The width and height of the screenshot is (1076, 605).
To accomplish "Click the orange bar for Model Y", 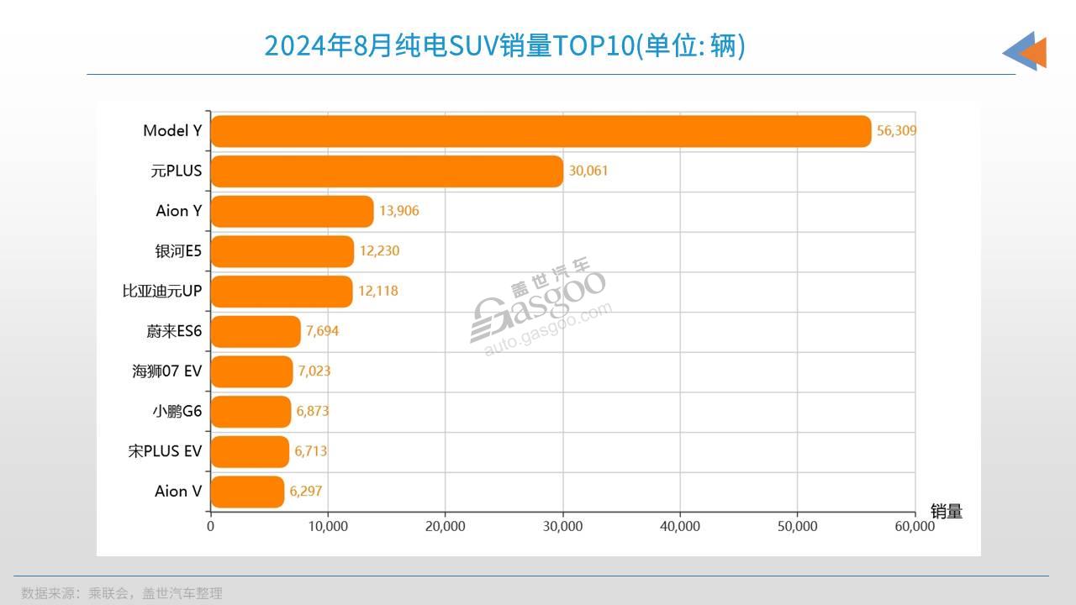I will point(541,131).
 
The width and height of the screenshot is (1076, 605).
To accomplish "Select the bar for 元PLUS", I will point(387,171).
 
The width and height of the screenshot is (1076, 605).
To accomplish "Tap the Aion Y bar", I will point(292,212).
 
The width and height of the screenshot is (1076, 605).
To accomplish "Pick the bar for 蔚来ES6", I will point(256,332).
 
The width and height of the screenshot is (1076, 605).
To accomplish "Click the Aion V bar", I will point(247,492).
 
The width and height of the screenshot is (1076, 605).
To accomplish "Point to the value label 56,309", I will point(896,131).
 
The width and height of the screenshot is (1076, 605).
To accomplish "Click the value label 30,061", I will point(588,171).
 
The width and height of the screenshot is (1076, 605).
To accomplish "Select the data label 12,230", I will point(378,251).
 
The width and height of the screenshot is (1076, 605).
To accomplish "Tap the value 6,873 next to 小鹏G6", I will point(313,412).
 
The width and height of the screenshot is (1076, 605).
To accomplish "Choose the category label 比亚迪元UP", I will point(162,292).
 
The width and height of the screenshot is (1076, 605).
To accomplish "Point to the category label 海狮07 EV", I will point(166,371).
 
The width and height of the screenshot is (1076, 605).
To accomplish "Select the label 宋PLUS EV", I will point(165,451).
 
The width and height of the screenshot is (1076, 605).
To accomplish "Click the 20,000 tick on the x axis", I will point(445,527).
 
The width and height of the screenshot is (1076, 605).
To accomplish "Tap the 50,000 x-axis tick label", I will point(797,527).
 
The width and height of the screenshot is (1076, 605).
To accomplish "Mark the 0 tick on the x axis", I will point(210,527).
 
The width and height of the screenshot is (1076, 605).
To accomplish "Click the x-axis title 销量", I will point(946,512).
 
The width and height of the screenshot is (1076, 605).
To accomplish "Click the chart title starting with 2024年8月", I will point(504,45).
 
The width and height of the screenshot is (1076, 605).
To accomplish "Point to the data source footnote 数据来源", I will point(122,593).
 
